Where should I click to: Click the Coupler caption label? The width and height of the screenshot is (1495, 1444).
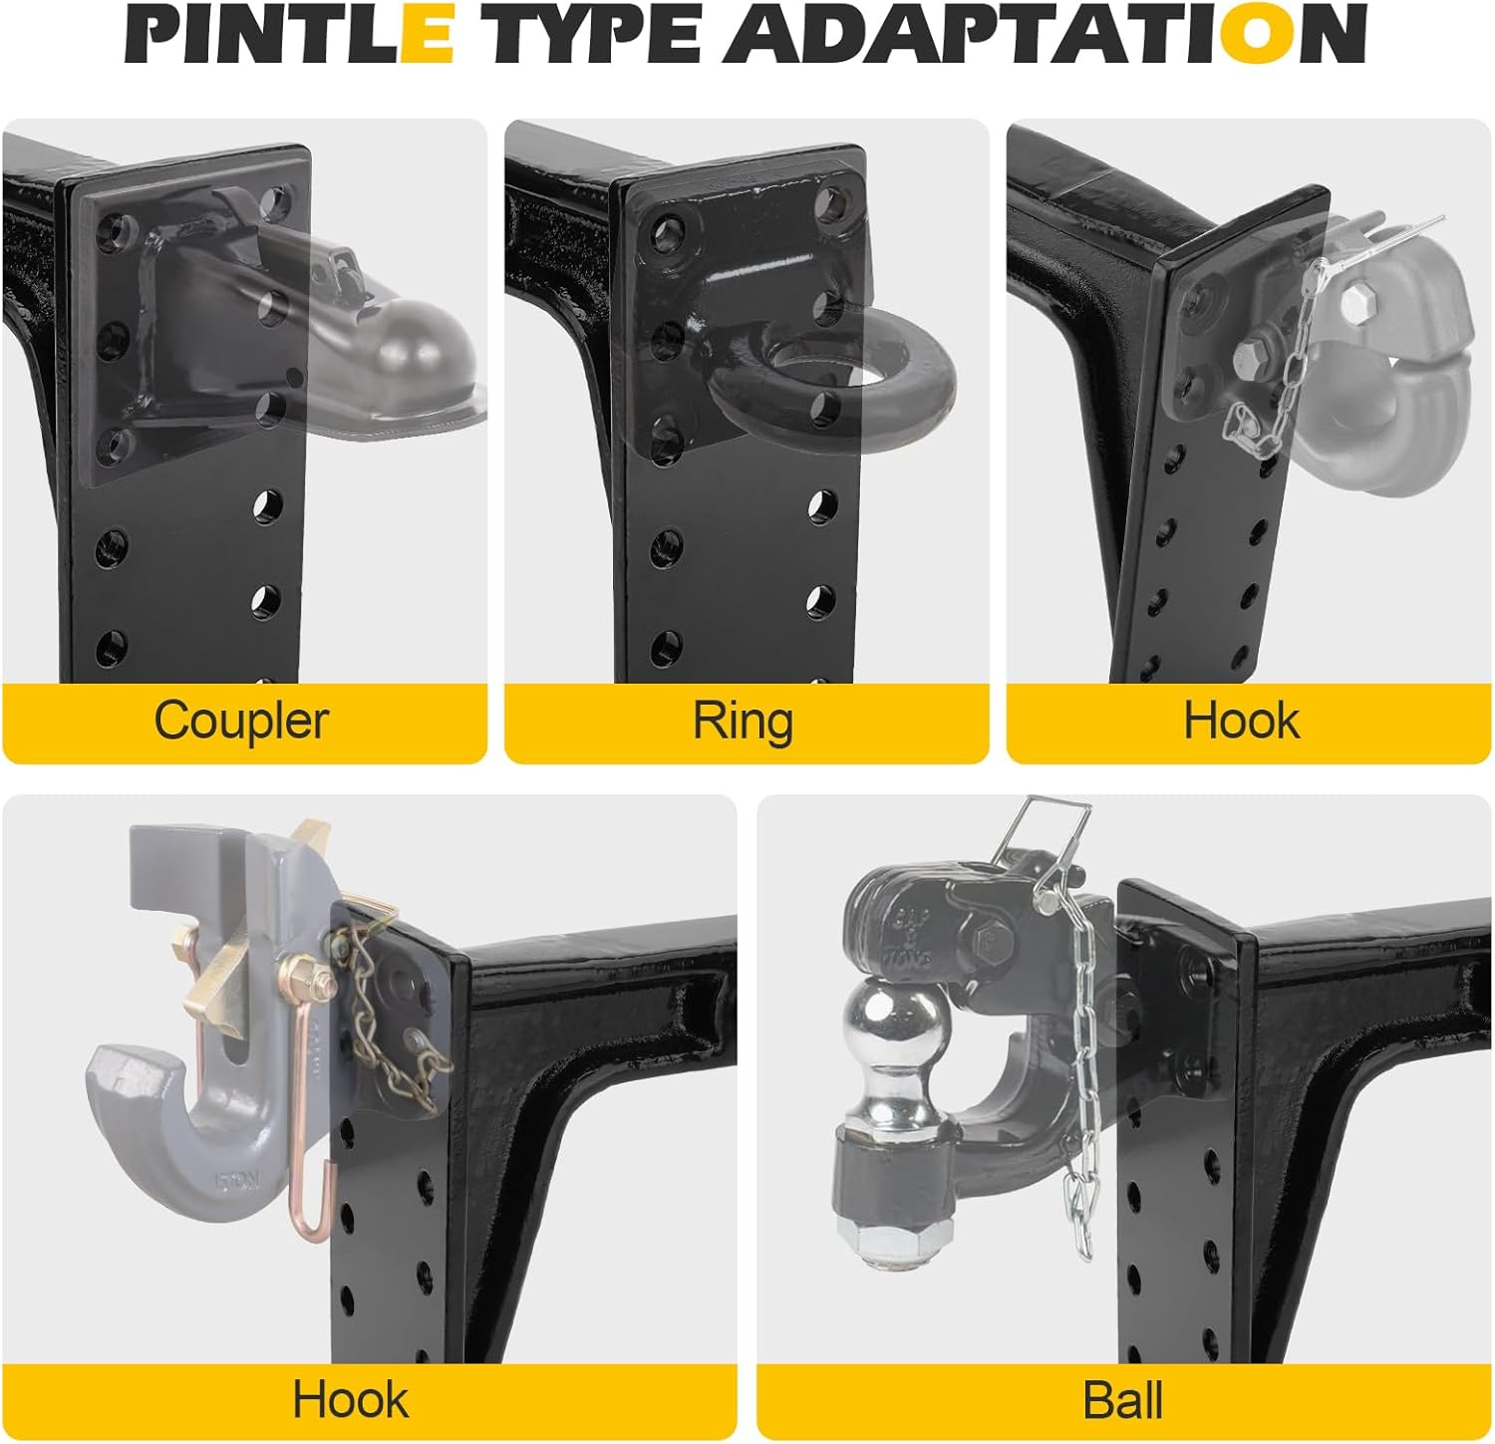[241, 721]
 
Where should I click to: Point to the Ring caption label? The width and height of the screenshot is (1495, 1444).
[744, 721]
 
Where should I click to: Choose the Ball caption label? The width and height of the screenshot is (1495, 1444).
[1123, 1400]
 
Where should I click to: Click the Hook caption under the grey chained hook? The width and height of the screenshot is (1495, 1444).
[1242, 721]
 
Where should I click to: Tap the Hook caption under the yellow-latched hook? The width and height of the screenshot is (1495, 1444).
[351, 1400]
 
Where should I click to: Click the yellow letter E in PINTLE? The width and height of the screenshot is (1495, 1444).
[426, 35]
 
